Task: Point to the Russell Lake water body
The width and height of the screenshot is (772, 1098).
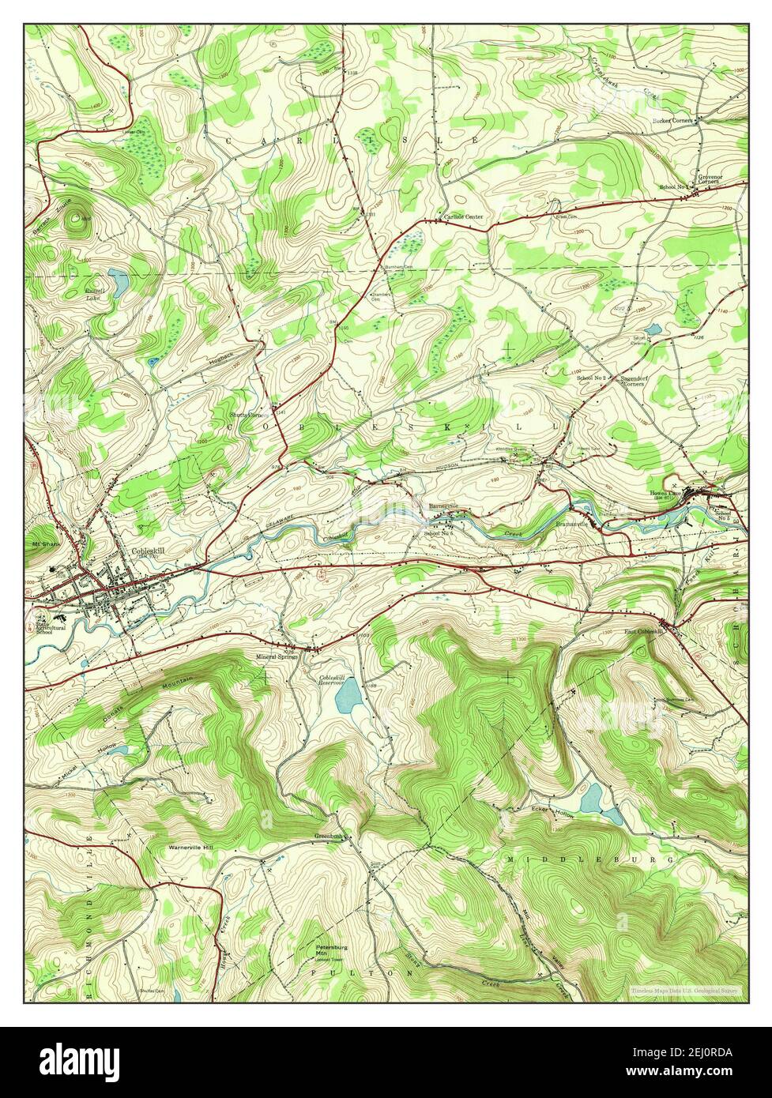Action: (119, 280)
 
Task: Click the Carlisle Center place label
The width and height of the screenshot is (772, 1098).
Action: (462, 216)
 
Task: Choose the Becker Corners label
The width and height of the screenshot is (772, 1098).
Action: (672, 121)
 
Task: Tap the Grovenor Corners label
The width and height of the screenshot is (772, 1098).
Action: (707, 179)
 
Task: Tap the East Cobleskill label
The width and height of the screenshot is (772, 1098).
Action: (641, 632)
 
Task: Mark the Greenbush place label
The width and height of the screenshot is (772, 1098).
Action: (327, 835)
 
